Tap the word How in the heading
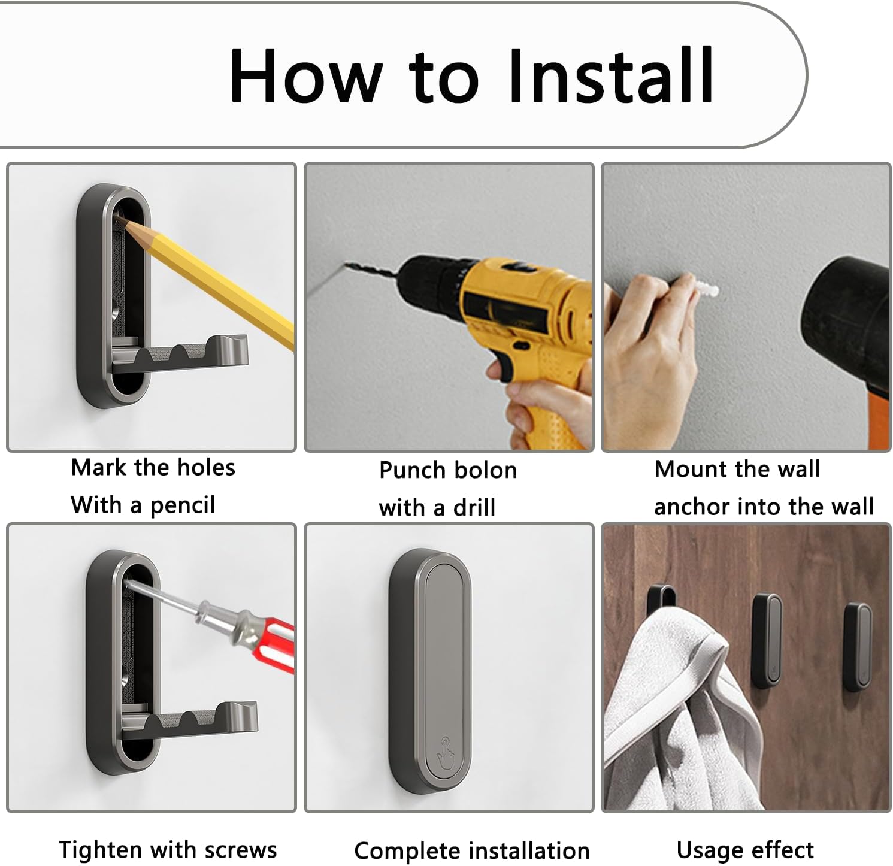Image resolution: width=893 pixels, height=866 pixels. [305, 77]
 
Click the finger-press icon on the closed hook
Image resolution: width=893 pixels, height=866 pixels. [444, 751]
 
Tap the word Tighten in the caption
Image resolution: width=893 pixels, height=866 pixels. [101, 850]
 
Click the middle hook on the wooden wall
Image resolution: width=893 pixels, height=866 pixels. [767, 640]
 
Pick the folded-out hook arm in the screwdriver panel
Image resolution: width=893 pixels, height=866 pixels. [189, 720]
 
